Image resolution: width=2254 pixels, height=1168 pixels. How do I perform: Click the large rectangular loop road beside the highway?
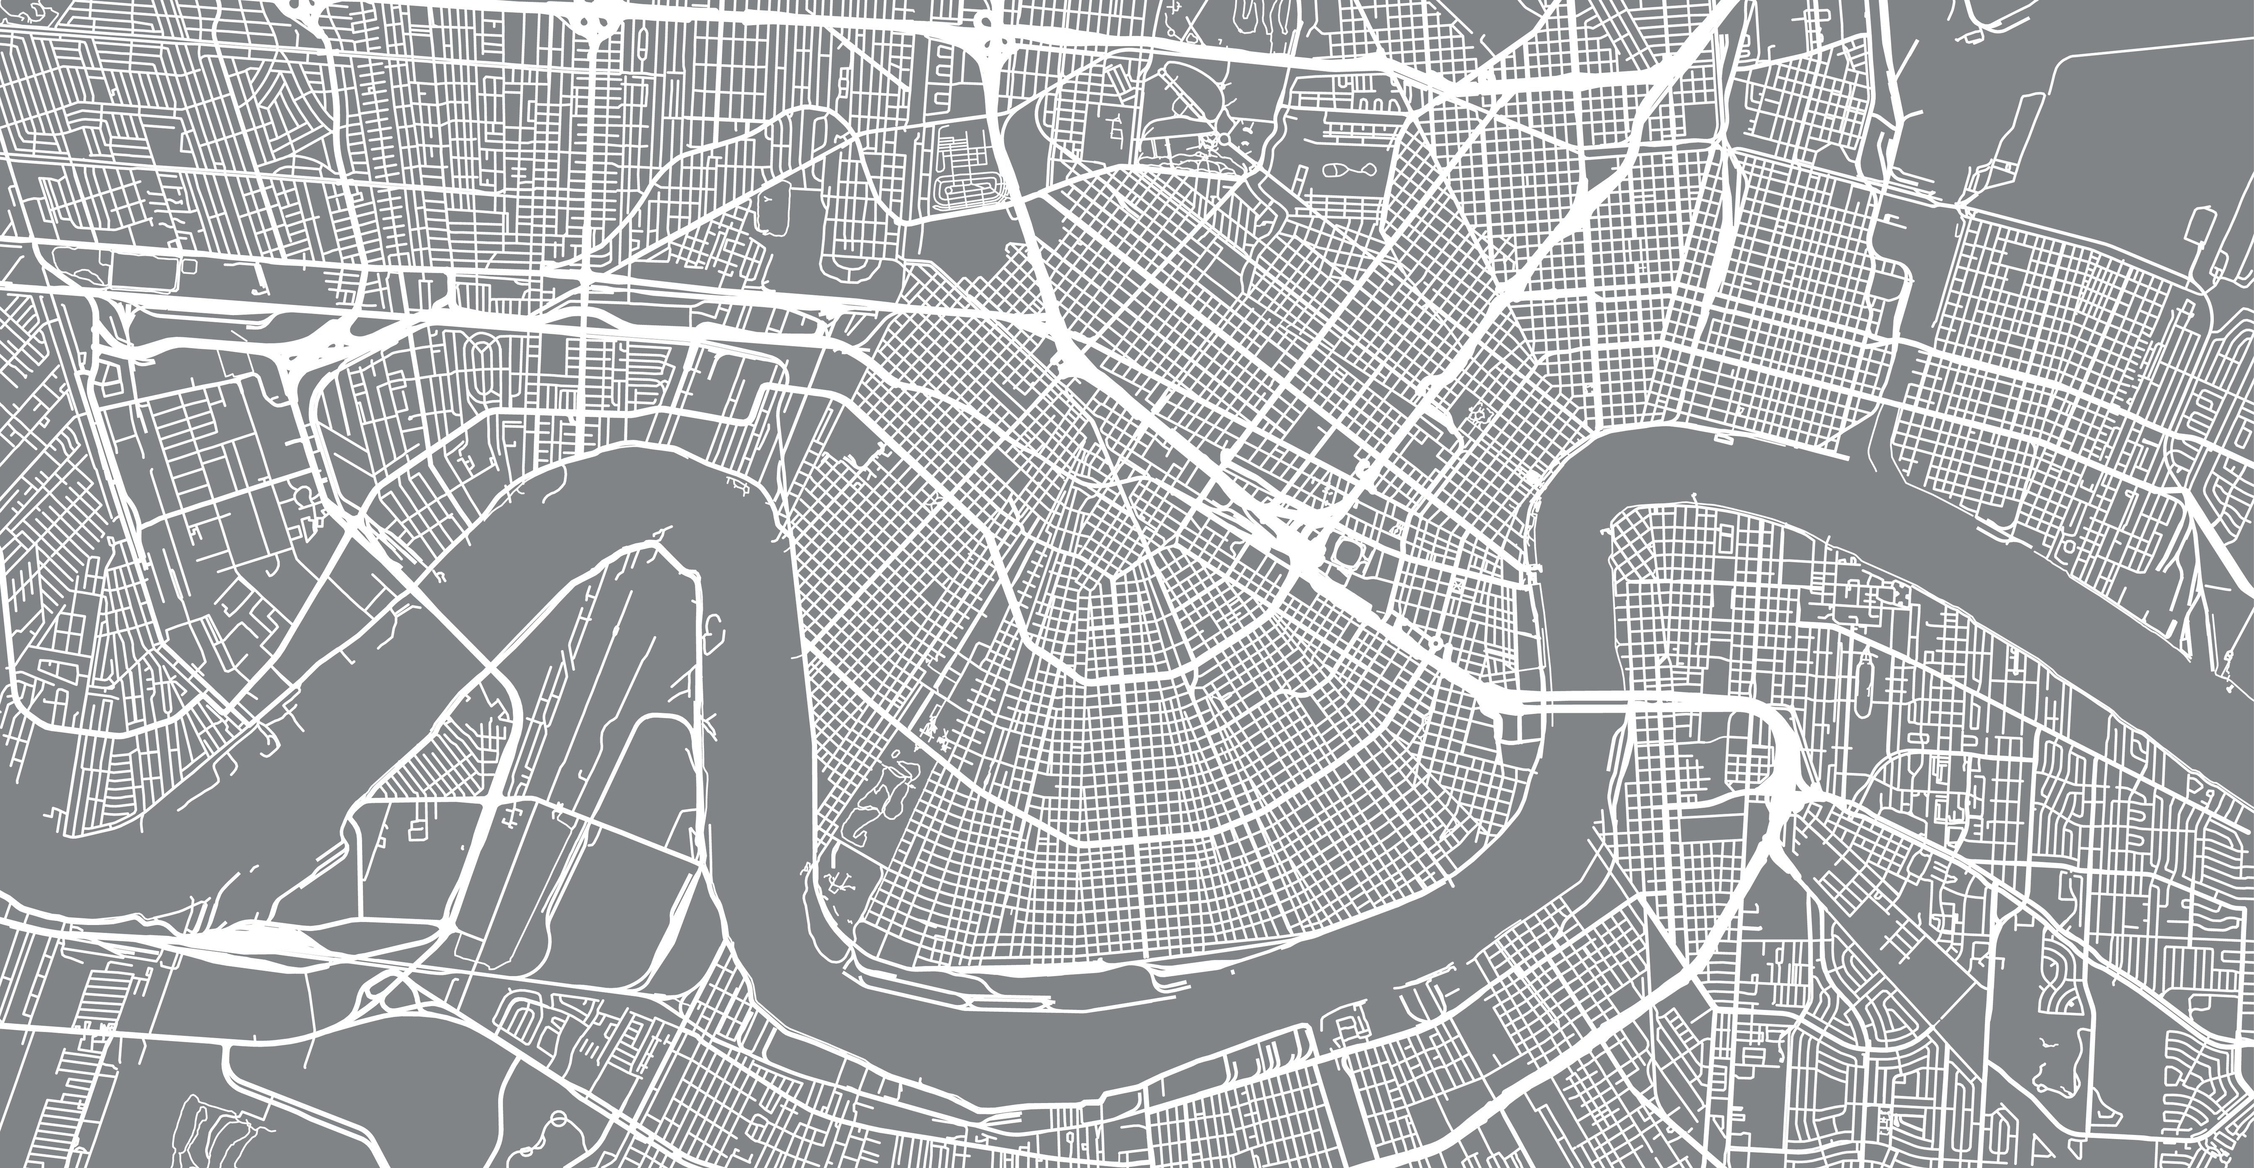pyautogui.click(x=145, y=267)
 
